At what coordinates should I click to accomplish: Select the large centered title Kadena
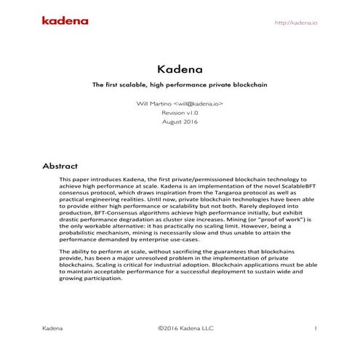point(180,70)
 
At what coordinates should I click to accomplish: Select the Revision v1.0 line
point(180,114)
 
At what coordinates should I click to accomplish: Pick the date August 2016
point(180,124)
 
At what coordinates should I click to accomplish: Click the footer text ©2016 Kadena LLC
point(180,329)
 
